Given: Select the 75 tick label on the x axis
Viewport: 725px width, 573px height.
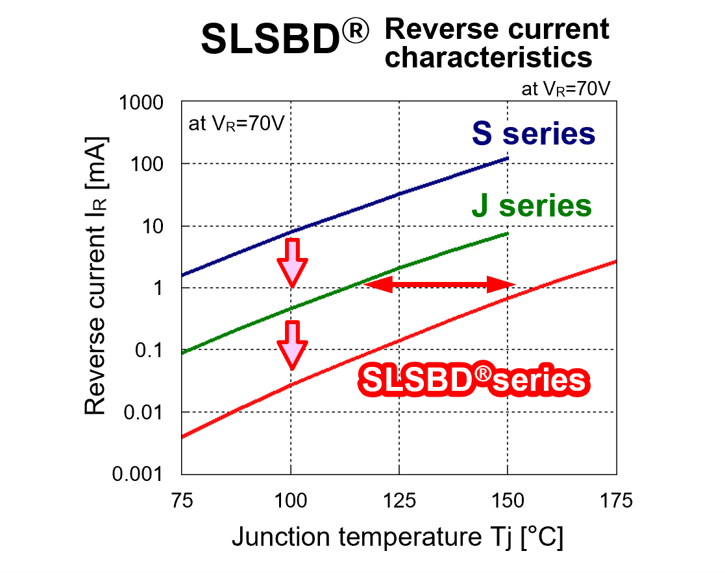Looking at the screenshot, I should pos(182,500).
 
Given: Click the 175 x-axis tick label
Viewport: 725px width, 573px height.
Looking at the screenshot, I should pos(616,500).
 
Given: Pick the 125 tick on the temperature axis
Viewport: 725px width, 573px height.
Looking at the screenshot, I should pos(399,500).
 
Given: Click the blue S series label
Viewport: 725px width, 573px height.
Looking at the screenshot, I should pos(534,134).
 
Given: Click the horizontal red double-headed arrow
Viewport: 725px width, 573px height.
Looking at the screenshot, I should pos(439,283).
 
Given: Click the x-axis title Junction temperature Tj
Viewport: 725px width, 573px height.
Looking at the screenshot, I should pos(397,537).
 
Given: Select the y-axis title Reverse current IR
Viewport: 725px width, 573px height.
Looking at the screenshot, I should pos(96,275).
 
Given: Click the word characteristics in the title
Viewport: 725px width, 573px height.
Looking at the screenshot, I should pos(493,58).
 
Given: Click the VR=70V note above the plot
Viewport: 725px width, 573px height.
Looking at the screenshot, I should pos(566,89).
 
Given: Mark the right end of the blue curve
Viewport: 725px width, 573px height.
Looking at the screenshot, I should pos(508,158).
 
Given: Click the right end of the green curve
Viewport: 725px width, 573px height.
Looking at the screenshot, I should pos(508,233).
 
